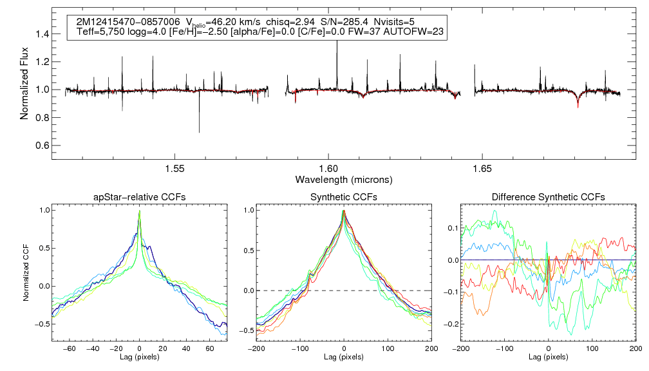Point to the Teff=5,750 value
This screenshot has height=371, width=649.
coord(102,31)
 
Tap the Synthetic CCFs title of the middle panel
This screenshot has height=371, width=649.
coord(343,197)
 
